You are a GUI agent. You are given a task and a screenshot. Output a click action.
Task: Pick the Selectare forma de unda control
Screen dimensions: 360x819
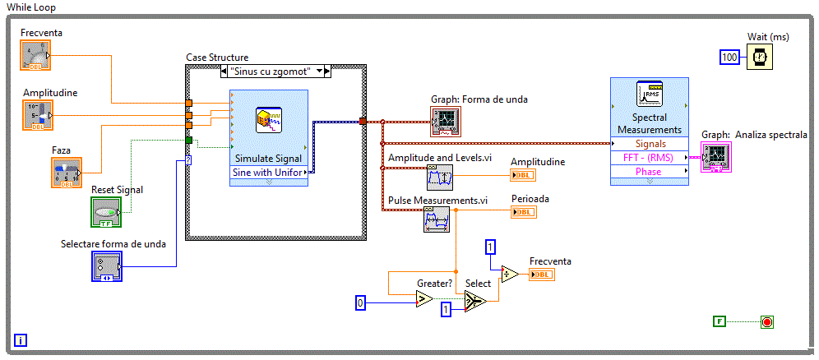pos(106,266)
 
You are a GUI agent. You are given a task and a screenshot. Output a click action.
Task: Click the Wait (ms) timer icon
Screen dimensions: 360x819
pos(761,57)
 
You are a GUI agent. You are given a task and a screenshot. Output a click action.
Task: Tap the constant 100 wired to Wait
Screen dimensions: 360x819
pos(730,57)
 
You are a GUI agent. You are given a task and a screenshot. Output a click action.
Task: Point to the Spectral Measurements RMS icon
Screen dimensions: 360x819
pos(650,97)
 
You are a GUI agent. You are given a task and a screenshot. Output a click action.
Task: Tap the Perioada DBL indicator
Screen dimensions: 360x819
pos(523,212)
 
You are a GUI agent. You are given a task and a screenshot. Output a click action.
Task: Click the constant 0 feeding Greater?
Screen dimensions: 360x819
pos(359,302)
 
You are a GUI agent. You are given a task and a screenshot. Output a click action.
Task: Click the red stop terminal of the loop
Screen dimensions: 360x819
pos(767,321)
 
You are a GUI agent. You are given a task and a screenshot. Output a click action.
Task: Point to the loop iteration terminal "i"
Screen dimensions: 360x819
pos(21,339)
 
